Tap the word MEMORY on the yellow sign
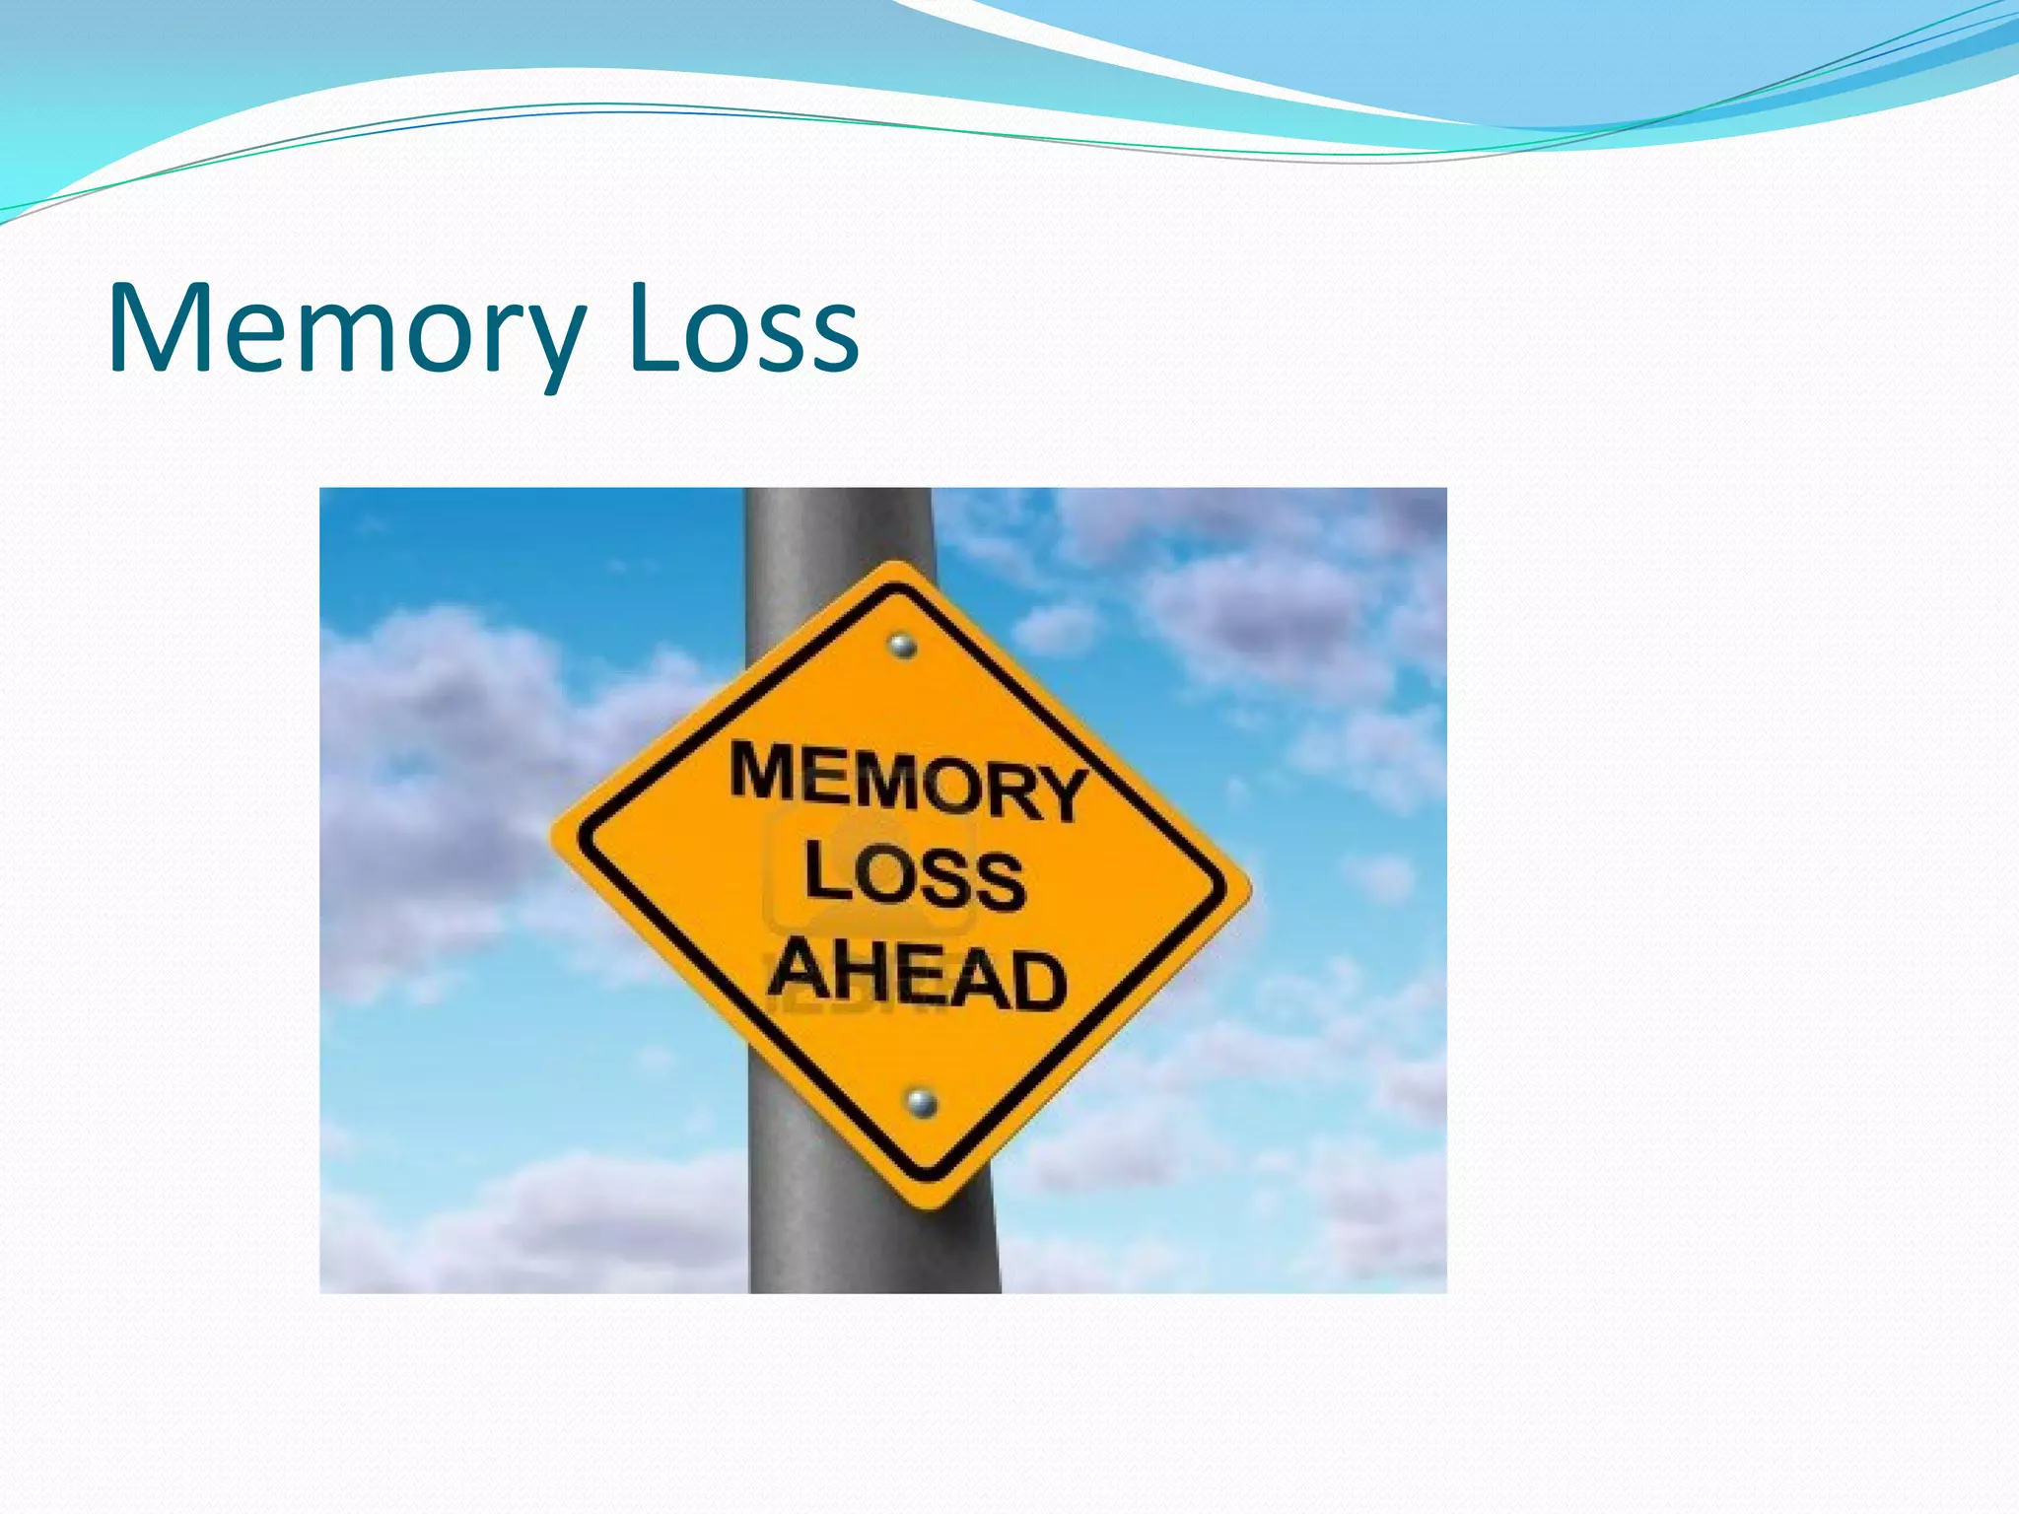[907, 784]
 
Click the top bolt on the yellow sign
[901, 646]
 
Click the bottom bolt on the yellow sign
[921, 1102]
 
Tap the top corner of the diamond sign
[895, 566]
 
